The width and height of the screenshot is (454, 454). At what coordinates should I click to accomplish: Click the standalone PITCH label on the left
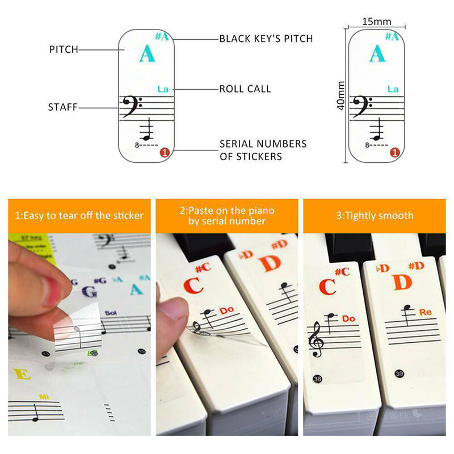click(x=63, y=50)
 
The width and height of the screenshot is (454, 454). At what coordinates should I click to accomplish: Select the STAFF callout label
click(x=62, y=107)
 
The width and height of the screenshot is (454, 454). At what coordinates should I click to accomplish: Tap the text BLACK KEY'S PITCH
click(x=266, y=39)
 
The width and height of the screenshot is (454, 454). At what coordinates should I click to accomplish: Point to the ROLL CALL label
click(x=245, y=89)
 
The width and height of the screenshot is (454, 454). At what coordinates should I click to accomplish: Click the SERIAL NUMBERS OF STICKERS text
click(x=263, y=150)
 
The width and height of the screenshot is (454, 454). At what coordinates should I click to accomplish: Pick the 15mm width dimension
click(x=377, y=22)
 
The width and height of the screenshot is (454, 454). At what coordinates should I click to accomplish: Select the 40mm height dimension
click(x=341, y=96)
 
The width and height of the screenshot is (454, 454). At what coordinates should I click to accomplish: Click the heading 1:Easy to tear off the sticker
click(x=79, y=216)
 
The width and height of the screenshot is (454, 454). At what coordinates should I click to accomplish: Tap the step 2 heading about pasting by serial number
click(x=226, y=216)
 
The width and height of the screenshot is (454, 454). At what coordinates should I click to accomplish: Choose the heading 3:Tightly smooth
click(x=374, y=216)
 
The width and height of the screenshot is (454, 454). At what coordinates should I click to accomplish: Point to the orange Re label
click(x=426, y=312)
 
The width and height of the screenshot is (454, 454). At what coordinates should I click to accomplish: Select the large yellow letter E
click(x=22, y=375)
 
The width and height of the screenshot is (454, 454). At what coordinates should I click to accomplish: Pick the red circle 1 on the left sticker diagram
click(x=164, y=152)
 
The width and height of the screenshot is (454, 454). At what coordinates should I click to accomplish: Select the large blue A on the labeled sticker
click(x=146, y=54)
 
